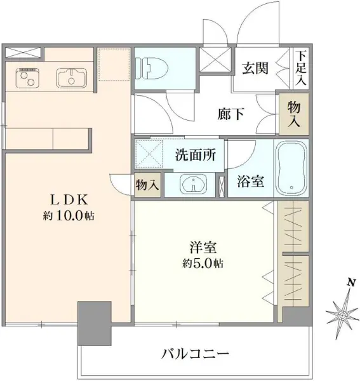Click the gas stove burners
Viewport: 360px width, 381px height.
point(27,78)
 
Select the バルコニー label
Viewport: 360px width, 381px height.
point(194,353)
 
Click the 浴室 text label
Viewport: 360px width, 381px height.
point(250,180)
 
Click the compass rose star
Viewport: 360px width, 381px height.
point(342,314)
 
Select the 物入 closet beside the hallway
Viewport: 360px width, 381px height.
point(293,114)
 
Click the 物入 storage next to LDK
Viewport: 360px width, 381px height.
point(147,184)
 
